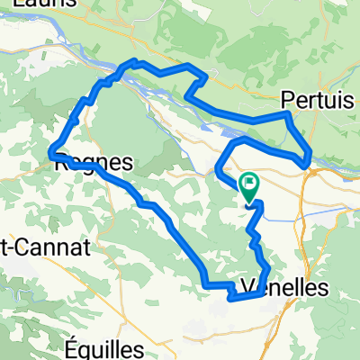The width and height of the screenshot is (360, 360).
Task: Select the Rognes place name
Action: coord(94,164)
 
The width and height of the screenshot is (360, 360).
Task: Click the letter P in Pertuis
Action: coord(287,98)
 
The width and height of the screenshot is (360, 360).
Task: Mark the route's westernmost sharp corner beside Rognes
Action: coord(52,152)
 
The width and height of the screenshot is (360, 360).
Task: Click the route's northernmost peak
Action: coord(135,61)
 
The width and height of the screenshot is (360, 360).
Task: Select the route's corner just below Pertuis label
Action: coord(286,115)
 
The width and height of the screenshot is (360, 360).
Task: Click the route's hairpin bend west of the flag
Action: coord(219,166)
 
